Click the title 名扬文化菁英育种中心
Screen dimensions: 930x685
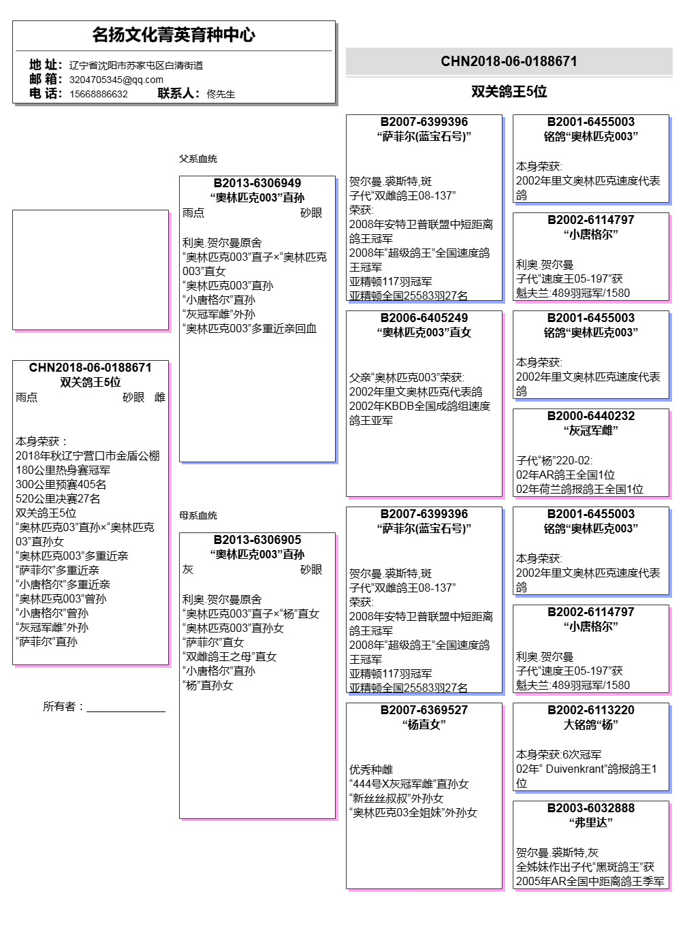point(174,35)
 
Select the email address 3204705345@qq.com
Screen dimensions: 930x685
point(116,80)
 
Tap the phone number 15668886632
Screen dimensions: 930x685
point(99,94)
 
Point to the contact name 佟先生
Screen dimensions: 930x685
point(221,94)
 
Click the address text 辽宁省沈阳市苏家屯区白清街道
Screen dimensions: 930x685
point(136,65)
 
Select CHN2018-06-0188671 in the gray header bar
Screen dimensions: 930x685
point(509,61)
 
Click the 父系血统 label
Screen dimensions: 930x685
point(198,159)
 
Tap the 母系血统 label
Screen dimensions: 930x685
point(198,515)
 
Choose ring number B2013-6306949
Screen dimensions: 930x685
point(257,183)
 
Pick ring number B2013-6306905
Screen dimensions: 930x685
point(257,540)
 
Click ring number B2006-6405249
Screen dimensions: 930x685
point(424,318)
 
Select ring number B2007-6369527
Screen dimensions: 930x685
point(424,710)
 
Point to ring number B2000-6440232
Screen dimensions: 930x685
point(591,416)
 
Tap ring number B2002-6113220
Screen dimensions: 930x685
point(591,710)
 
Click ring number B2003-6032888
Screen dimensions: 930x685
point(591,808)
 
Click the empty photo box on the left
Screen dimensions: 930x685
point(91,270)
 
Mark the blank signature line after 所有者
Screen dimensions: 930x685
point(126,707)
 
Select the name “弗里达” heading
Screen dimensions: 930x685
point(591,822)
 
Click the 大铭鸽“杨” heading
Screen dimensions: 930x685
point(591,724)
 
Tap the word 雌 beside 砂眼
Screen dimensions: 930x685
point(160,398)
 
